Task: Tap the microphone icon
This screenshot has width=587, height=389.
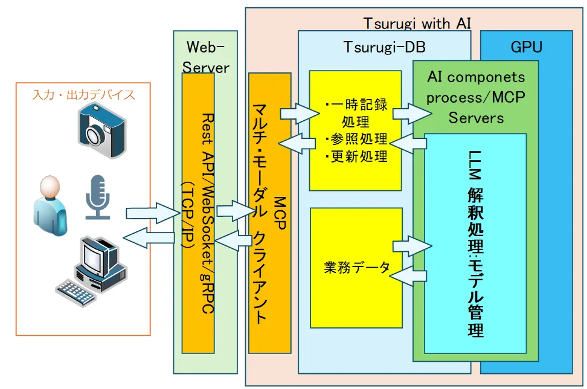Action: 97,197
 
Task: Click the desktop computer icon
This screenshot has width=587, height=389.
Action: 93,271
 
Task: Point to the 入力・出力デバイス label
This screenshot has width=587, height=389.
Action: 83,95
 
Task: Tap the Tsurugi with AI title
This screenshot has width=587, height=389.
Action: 417,23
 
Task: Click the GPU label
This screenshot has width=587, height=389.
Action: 526,47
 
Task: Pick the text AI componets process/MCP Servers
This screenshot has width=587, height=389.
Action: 476,97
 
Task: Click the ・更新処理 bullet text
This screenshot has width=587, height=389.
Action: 356,156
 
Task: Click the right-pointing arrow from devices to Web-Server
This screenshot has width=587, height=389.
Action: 149,212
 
